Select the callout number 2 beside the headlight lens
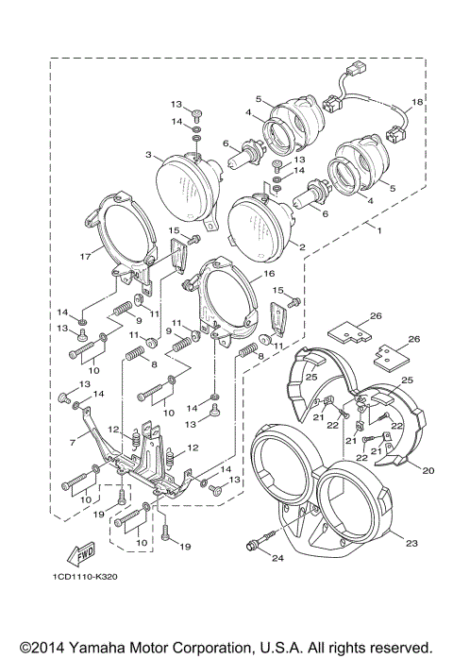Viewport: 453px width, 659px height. [302, 246]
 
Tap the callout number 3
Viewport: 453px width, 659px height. [148, 154]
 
